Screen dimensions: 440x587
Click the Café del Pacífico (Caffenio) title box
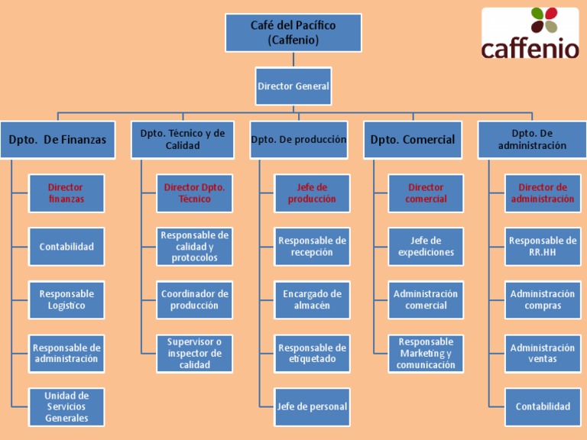293,33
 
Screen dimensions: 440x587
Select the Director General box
293,86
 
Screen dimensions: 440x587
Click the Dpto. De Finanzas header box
57,140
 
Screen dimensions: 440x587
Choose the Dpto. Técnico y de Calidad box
183,140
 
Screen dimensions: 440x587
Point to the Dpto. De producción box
299,140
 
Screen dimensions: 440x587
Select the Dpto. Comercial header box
413,140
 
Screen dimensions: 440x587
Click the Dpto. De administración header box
532,140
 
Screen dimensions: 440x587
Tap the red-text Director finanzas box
66,193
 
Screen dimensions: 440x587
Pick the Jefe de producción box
312,193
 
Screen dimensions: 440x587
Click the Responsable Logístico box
66,299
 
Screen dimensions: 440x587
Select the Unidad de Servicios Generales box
66,406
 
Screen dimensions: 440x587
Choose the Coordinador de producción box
194,299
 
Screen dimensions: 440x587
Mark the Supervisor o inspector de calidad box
194,353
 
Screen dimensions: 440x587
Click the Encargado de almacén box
312,299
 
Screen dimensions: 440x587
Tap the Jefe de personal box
312,406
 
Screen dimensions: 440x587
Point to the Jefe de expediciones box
426,247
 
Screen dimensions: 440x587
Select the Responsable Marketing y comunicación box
426,353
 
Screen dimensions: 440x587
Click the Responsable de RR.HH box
543,247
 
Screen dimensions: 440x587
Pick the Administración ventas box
543,353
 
